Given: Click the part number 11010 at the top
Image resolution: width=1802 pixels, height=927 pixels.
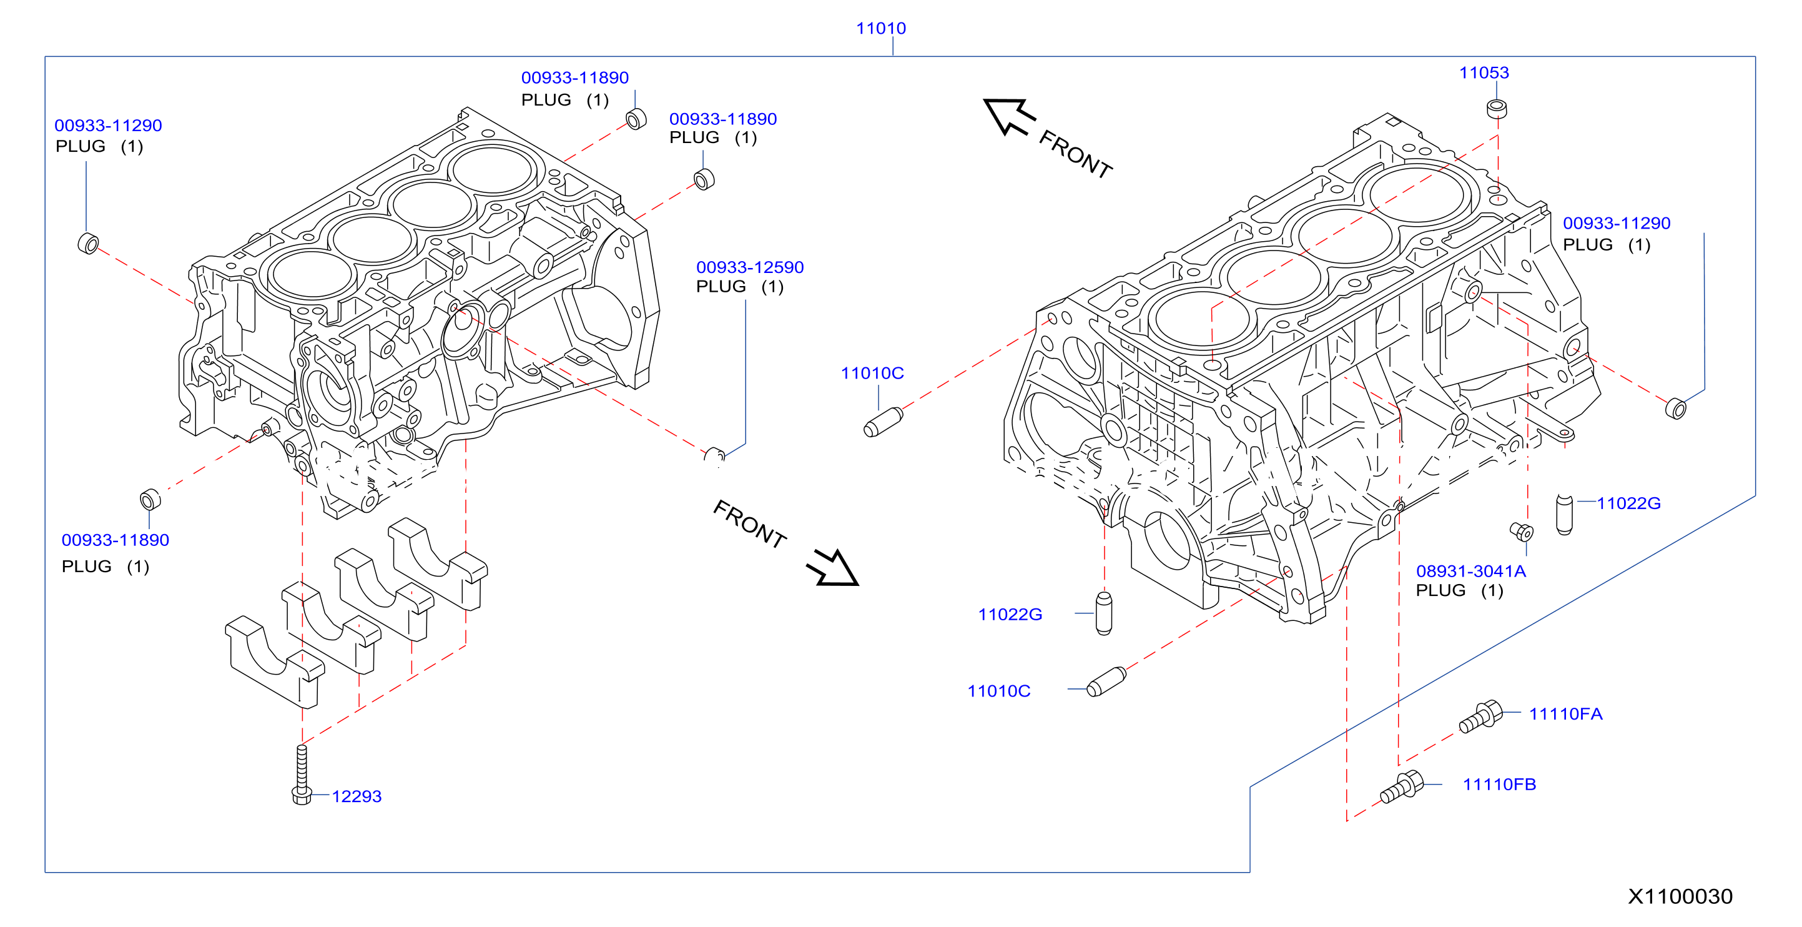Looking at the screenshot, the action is (x=881, y=28).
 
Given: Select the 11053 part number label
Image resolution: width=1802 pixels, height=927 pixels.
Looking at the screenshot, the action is (x=1484, y=72).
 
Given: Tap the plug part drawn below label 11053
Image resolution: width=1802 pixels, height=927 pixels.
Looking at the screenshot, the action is (x=1496, y=109).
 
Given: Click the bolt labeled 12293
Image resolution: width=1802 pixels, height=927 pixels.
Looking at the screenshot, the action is (x=302, y=775).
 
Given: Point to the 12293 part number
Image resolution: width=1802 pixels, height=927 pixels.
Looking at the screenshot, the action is (x=356, y=796).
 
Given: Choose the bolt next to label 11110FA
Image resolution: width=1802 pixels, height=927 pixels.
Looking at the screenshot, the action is (x=1480, y=716).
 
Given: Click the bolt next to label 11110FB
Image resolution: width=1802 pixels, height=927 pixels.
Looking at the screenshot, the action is (x=1401, y=787).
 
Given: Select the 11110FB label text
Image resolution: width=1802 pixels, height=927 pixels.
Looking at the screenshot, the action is (x=1499, y=785).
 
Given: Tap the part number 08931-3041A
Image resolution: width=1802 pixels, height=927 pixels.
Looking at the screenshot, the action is (x=1470, y=571).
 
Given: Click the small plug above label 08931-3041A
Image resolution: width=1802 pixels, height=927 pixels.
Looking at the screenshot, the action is (x=1522, y=532).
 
